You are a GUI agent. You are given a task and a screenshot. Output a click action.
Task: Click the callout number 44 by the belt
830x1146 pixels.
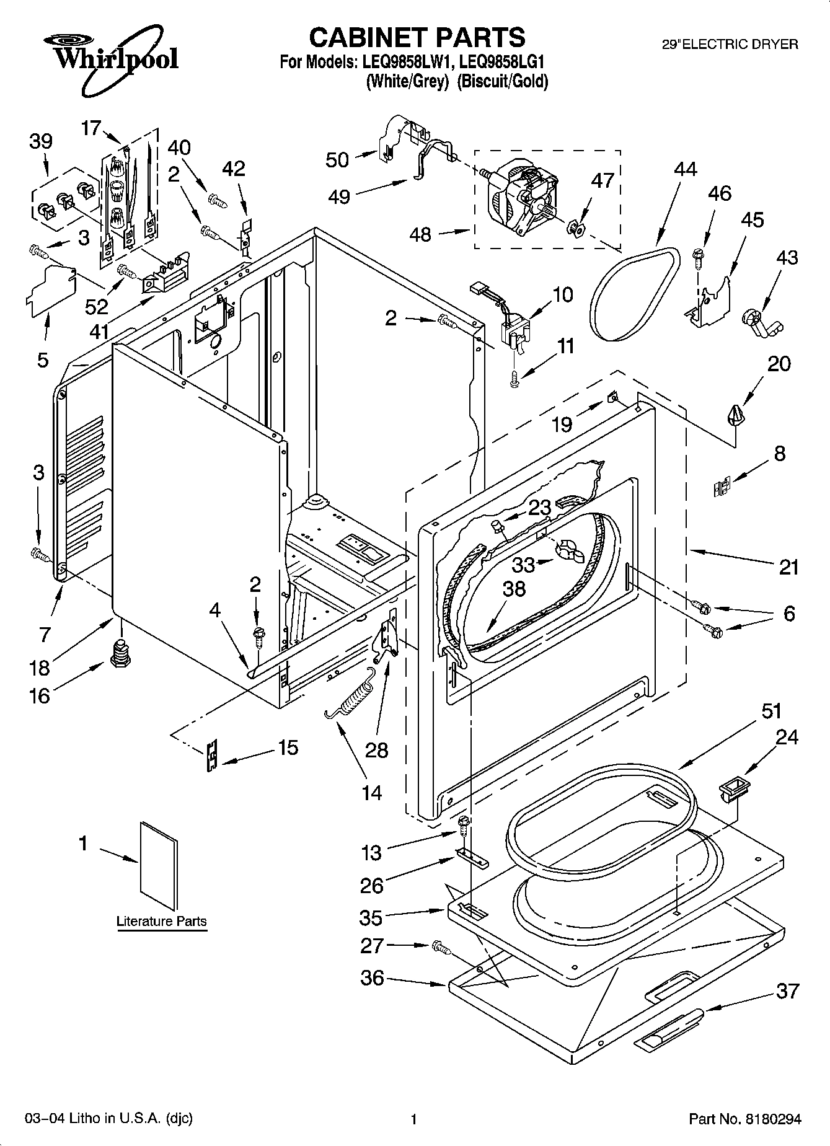pyautogui.click(x=684, y=169)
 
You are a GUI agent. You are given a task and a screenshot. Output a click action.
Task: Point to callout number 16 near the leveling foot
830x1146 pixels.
pyautogui.click(x=38, y=695)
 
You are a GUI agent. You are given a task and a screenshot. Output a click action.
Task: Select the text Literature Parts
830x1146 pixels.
pyautogui.click(x=161, y=921)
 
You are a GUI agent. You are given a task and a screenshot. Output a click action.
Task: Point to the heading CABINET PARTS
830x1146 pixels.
pyautogui.click(x=417, y=38)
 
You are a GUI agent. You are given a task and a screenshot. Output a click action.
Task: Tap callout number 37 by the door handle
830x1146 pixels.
pyautogui.click(x=787, y=991)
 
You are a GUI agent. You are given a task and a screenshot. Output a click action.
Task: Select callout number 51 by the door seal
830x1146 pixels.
pyautogui.click(x=771, y=711)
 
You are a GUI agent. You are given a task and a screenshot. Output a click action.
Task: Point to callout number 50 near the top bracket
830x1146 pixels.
pyautogui.click(x=337, y=160)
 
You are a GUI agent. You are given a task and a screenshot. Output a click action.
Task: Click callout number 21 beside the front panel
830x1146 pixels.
pyautogui.click(x=788, y=566)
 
